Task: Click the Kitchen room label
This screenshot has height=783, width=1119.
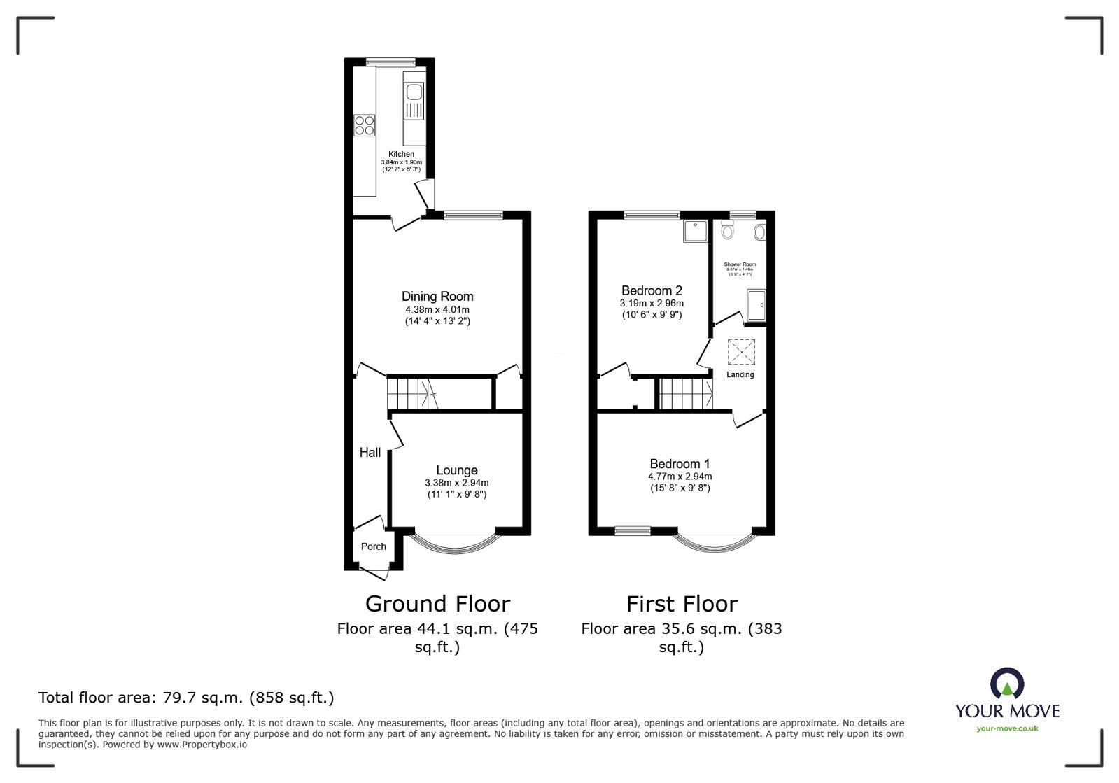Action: click(401, 154)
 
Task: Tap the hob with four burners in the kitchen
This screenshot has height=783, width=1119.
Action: click(364, 125)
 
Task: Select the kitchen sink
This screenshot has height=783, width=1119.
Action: click(413, 92)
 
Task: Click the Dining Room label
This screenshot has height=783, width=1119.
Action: click(437, 297)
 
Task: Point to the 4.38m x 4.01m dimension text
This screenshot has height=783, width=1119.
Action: click(437, 309)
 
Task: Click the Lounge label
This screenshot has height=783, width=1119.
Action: click(456, 470)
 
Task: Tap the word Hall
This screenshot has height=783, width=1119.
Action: click(370, 453)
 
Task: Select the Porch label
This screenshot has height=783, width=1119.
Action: click(373, 546)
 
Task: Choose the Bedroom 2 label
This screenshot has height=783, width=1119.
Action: click(652, 290)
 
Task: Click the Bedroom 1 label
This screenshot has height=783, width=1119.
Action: click(680, 463)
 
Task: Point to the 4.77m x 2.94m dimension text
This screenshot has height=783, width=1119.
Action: click(680, 476)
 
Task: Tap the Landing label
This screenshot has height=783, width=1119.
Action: click(740, 374)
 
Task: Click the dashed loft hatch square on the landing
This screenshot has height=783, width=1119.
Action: click(742, 351)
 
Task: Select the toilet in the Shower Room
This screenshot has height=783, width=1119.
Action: click(728, 231)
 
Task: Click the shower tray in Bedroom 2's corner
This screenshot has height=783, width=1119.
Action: click(695, 230)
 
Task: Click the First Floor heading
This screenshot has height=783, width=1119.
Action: click(681, 603)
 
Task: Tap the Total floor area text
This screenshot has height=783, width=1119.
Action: click(186, 698)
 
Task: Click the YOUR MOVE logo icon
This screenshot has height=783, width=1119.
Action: click(1006, 684)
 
